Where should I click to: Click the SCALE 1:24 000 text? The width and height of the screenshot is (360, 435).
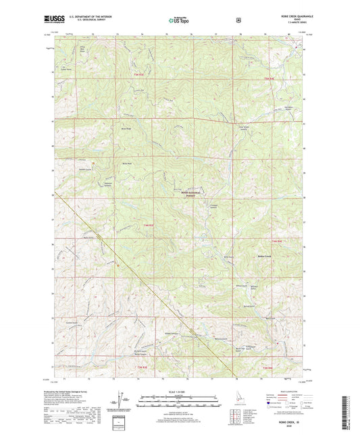click(179, 392)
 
